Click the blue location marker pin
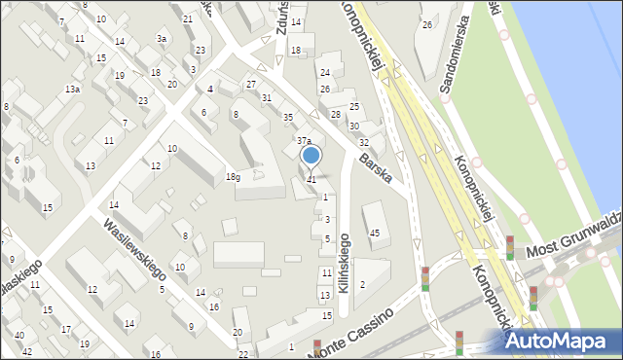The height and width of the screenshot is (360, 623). (311, 156)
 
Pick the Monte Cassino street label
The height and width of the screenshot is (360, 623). (351, 334)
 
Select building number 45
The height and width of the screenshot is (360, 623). (374, 233)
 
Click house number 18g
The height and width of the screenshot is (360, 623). (233, 177)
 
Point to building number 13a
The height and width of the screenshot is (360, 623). (72, 89)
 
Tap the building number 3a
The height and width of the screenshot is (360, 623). (162, 38)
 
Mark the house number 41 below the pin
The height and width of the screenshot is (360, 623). (311, 179)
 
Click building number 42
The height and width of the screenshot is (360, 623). (27, 351)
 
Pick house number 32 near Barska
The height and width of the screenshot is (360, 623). (363, 143)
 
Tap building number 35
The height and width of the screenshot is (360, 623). (287, 118)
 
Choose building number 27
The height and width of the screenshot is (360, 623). (251, 86)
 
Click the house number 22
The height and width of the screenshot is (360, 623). (243, 353)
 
